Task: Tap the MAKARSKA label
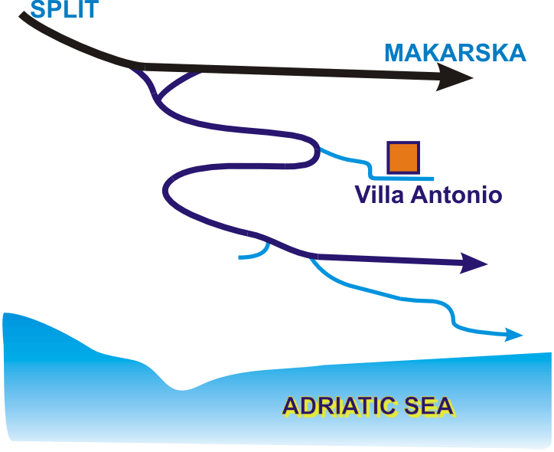455,53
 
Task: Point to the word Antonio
457,195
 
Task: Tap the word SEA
431,405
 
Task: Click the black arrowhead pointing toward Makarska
455,77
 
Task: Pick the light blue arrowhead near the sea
513,335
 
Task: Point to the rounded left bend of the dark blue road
168,192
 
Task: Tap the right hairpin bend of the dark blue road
314,152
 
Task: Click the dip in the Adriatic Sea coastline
181,387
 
